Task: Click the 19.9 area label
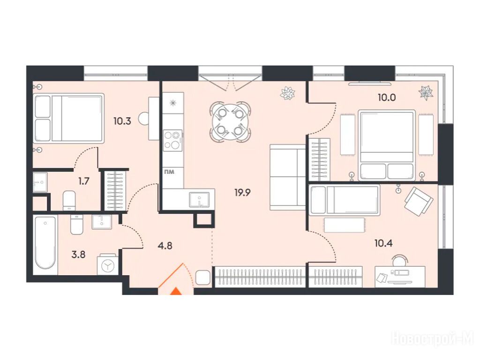tap(242, 193)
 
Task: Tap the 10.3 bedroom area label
tap(122, 121)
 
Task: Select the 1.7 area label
tap(83, 181)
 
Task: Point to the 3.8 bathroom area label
tap(78, 255)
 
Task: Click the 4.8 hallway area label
tap(165, 246)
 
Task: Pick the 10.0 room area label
tap(387, 97)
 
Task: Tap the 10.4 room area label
tap(383, 243)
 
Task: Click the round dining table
tap(230, 122)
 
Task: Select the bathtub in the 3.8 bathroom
tap(45, 242)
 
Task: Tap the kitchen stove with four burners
tap(172, 141)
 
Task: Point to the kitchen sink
tap(199, 200)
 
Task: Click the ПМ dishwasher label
tap(169, 172)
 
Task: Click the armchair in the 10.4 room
tap(419, 201)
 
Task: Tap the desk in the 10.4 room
tap(400, 277)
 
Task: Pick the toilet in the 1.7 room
tap(69, 201)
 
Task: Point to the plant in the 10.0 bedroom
tap(426, 93)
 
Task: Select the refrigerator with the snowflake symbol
tap(173, 103)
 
